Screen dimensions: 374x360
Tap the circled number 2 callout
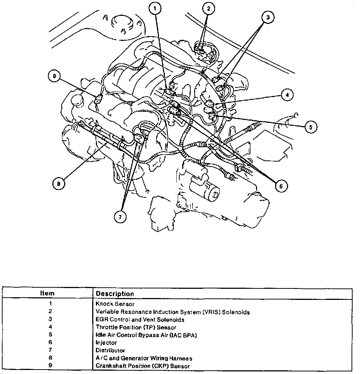tap(208, 8)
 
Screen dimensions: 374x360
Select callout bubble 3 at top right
tap(269, 17)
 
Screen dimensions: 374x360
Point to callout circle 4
tap(287, 94)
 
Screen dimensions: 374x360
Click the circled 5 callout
tap(311, 127)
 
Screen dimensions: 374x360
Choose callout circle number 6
tap(281, 186)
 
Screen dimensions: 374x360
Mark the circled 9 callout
tap(54, 76)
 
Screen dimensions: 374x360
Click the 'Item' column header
tap(47, 294)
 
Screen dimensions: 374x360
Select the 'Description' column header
tap(115, 294)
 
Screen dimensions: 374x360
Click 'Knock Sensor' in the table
tap(115, 304)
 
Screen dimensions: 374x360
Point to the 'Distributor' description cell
tap(110, 350)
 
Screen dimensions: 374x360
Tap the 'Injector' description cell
tap(106, 343)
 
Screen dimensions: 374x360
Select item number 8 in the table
tap(51, 358)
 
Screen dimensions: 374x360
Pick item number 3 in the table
tap(51, 319)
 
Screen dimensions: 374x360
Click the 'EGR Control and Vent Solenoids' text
tap(140, 319)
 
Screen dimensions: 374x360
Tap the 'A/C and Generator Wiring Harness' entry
tap(144, 358)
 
